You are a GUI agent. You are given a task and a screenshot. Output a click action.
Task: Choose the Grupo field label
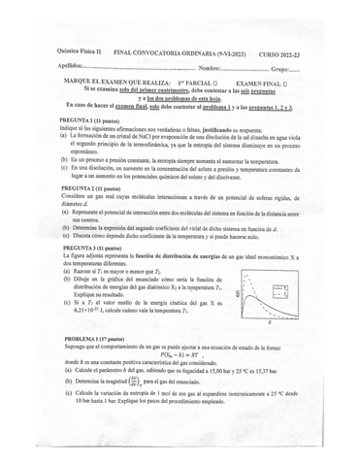pyautogui.click(x=282, y=67)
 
